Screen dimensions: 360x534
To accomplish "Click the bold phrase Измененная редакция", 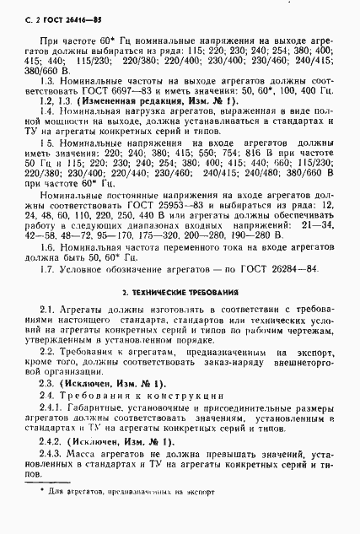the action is point(106,123).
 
